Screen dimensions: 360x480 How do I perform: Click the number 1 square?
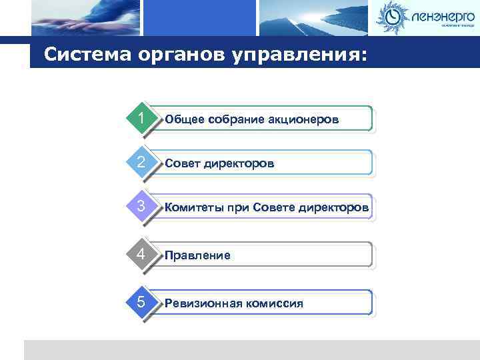(141, 118)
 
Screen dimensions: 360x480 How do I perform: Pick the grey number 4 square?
(141, 255)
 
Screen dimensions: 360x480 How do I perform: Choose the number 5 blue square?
(141, 302)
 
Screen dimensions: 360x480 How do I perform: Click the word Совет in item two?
(181, 164)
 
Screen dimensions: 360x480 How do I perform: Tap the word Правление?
(197, 255)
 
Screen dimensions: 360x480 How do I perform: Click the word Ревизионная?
(203, 304)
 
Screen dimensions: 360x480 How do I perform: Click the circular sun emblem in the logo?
(392, 17)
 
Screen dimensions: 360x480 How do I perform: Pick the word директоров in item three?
(336, 209)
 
